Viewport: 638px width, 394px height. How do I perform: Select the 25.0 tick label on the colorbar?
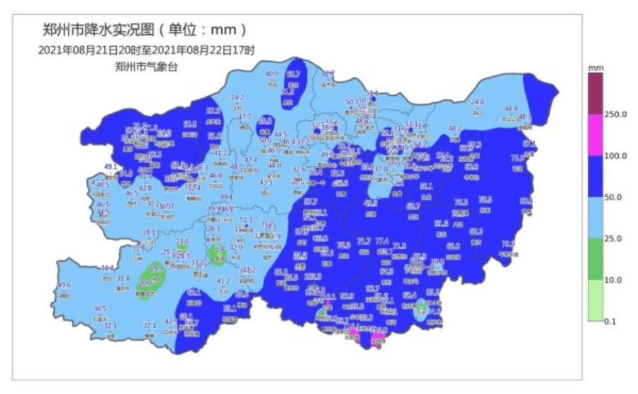click(612, 239)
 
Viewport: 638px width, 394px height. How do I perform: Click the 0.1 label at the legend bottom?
click(609, 322)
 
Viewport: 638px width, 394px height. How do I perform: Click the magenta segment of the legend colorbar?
click(595, 135)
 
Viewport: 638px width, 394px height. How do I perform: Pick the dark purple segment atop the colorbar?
click(595, 93)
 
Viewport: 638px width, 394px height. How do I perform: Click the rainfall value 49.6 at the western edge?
click(65, 285)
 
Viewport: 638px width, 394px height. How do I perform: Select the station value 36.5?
click(100, 309)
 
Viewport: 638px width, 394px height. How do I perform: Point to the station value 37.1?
click(150, 325)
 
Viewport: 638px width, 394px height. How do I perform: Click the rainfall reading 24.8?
click(478, 102)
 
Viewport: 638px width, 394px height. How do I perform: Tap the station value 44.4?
click(511, 109)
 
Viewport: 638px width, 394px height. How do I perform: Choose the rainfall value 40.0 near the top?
click(272, 74)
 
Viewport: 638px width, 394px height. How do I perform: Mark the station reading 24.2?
click(237, 98)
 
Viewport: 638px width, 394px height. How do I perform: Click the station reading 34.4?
click(107, 268)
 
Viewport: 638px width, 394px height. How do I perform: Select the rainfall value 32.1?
click(110, 326)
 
